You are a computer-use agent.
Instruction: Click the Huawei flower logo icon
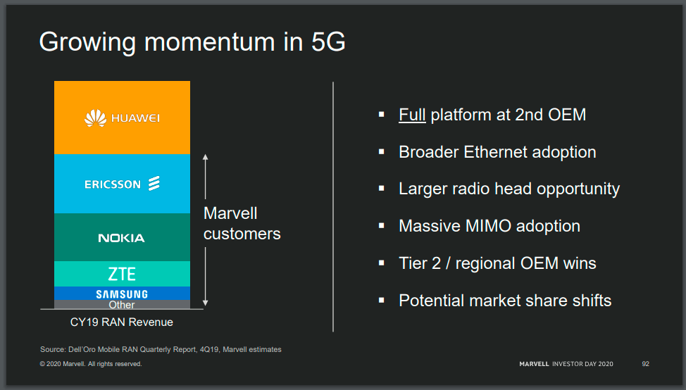95,118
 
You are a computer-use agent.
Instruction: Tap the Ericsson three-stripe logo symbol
154,184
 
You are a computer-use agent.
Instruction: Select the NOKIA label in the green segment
121,238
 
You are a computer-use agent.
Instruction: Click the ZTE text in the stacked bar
122,274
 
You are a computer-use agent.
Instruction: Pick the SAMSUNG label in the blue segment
122,294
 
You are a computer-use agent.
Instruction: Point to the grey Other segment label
122,305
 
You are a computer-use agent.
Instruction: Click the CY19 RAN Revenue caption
122,322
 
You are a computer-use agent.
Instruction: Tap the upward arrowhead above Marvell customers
205,157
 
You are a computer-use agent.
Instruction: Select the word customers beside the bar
242,234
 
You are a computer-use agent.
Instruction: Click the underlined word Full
412,115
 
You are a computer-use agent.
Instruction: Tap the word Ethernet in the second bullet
497,152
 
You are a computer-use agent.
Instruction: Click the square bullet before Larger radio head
381,189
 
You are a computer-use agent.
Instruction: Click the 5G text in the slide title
328,42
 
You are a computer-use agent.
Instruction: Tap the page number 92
645,364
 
